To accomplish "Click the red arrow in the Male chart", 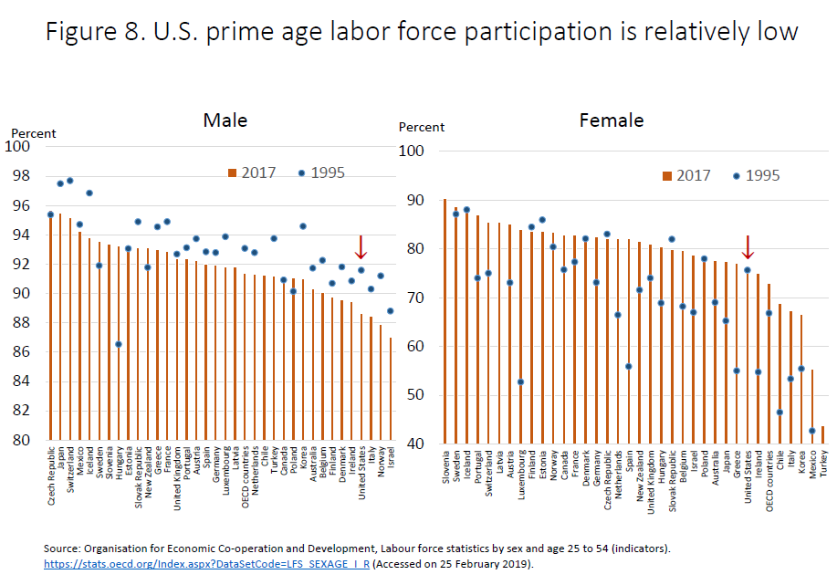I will pyautogui.click(x=361, y=246).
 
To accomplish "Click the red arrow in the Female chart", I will pyautogui.click(x=748, y=247).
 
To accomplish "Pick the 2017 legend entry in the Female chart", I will pyautogui.click(x=692, y=175).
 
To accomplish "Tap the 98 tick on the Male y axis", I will pyautogui.click(x=20, y=175).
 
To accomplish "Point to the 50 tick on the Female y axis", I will pyautogui.click(x=415, y=395).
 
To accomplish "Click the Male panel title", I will pyautogui.click(x=225, y=120).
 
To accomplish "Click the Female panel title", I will pyautogui.click(x=612, y=120).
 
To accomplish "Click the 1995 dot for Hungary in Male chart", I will pyautogui.click(x=119, y=344).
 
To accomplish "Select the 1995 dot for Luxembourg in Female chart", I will pyautogui.click(x=521, y=382).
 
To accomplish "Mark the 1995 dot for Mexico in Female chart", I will pyautogui.click(x=812, y=431).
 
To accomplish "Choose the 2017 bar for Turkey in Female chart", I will pyautogui.click(x=822, y=434).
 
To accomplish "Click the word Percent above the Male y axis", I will pyautogui.click(x=34, y=133).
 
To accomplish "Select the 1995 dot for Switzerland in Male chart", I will pyautogui.click(x=70, y=181).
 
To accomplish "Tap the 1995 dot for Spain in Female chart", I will pyautogui.click(x=629, y=367).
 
